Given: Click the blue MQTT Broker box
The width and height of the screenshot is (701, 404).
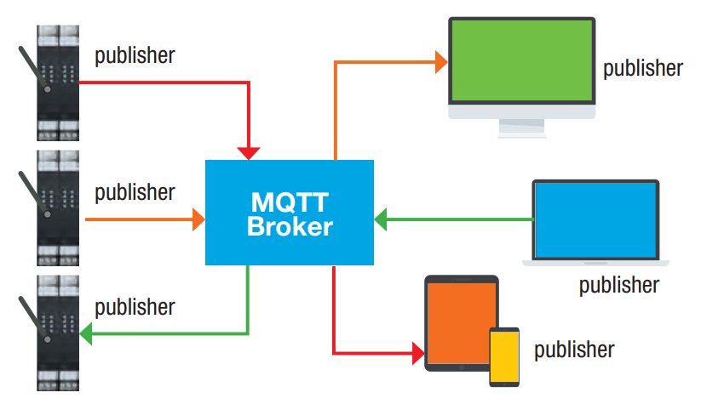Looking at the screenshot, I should click(290, 212).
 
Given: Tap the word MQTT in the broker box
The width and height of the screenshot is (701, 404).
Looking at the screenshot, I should click(290, 202).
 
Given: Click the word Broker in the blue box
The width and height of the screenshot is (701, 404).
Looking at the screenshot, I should click(290, 227).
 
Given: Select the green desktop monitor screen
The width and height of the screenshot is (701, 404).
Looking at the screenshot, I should click(520, 63).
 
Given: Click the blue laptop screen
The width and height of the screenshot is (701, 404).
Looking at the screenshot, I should click(595, 219).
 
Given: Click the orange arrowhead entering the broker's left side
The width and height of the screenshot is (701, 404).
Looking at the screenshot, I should click(199, 219).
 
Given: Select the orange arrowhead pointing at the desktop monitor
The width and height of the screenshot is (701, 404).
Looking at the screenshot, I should click(441, 61).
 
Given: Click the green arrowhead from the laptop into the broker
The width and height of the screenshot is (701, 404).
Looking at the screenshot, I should click(382, 219).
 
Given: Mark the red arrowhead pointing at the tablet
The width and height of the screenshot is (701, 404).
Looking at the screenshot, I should click(417, 350).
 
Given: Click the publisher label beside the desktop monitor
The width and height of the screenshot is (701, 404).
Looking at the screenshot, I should click(642, 67).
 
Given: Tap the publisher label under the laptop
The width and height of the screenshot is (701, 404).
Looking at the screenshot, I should click(619, 284).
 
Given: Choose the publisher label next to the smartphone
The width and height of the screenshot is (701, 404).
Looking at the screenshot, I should click(574, 349).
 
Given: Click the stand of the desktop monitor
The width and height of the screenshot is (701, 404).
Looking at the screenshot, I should click(520, 128).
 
